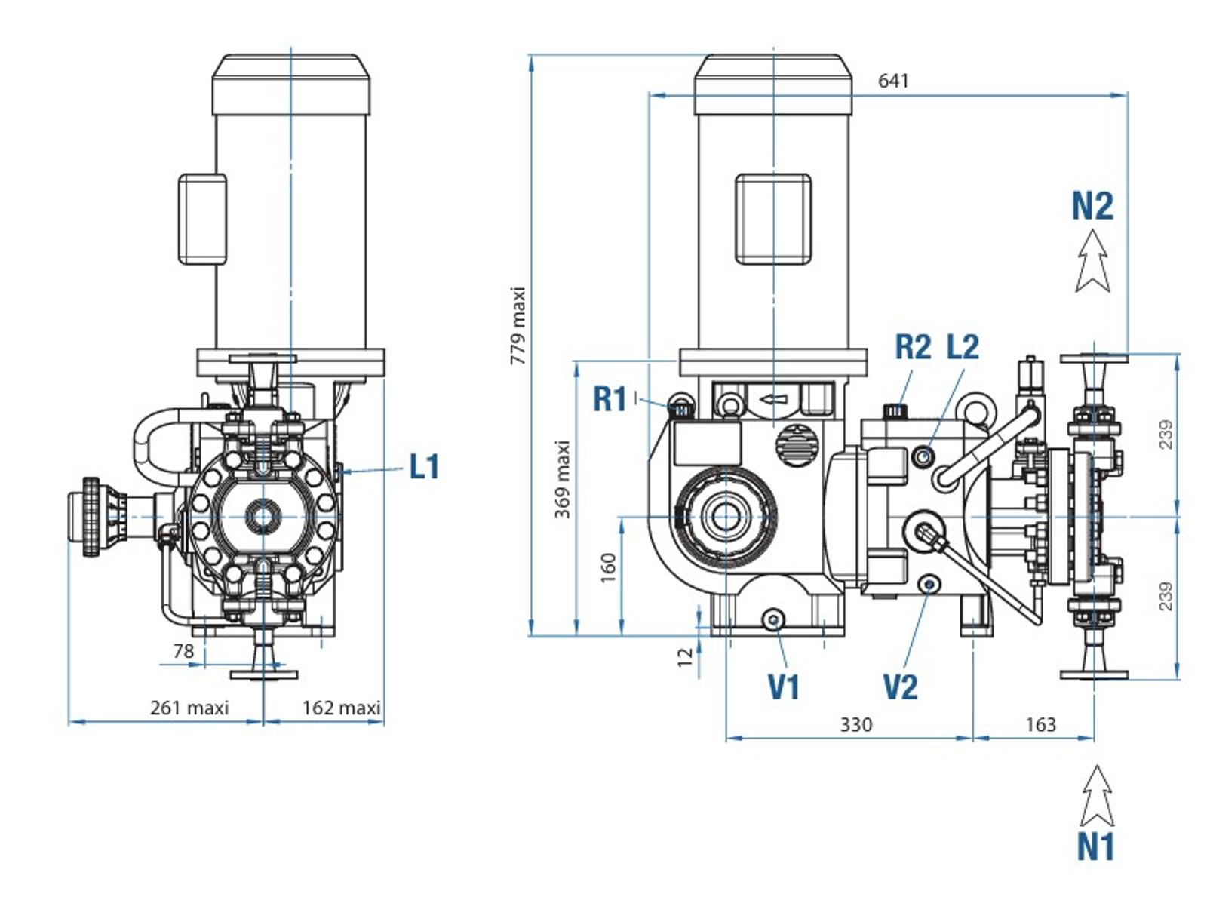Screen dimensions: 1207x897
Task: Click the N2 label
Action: click(x=1092, y=206)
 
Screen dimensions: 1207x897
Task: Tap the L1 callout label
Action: click(x=424, y=466)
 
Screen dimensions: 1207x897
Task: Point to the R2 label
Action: click(x=913, y=346)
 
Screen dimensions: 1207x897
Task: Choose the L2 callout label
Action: click(x=963, y=346)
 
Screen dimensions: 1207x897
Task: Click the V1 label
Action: click(x=784, y=687)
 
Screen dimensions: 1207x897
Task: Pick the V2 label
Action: click(x=901, y=687)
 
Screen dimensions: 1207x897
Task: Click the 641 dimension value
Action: click(x=893, y=81)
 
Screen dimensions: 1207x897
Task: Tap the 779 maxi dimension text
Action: click(x=518, y=326)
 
